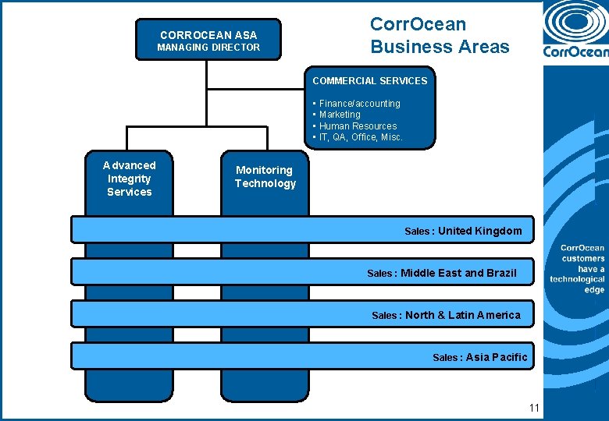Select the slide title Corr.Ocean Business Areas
click(x=440, y=36)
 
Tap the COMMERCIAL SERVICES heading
click(x=370, y=80)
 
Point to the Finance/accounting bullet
click(x=359, y=103)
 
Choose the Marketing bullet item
click(x=340, y=115)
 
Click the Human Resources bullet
click(x=358, y=126)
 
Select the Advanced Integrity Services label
click(x=130, y=179)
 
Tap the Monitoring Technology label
click(x=265, y=177)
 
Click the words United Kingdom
click(x=479, y=231)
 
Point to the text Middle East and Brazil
click(x=458, y=273)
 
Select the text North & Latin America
click(x=462, y=315)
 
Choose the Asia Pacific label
click(x=497, y=357)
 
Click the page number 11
click(x=534, y=408)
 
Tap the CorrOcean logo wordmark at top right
click(x=575, y=52)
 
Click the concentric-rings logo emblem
click(x=577, y=22)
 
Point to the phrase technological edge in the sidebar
click(x=578, y=284)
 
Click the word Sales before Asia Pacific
click(x=447, y=358)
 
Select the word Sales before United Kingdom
click(x=418, y=232)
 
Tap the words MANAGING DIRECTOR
click(x=208, y=48)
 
